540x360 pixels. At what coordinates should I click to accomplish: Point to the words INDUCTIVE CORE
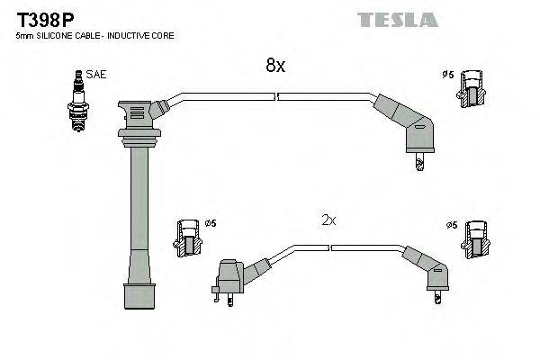pyautogui.click(x=141, y=36)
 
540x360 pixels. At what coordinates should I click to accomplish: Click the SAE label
pyautogui.click(x=95, y=75)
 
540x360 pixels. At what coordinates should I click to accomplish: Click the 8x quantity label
pyautogui.click(x=274, y=65)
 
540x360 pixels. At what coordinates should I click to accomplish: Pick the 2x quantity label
pyautogui.click(x=328, y=220)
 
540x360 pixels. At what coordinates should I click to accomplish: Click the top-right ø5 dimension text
pyautogui.click(x=447, y=74)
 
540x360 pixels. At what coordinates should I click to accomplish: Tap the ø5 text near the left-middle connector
pyautogui.click(x=210, y=223)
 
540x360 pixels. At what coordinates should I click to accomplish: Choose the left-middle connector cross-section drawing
pyautogui.click(x=186, y=239)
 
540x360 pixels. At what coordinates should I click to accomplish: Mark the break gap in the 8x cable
pyautogui.click(x=276, y=94)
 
